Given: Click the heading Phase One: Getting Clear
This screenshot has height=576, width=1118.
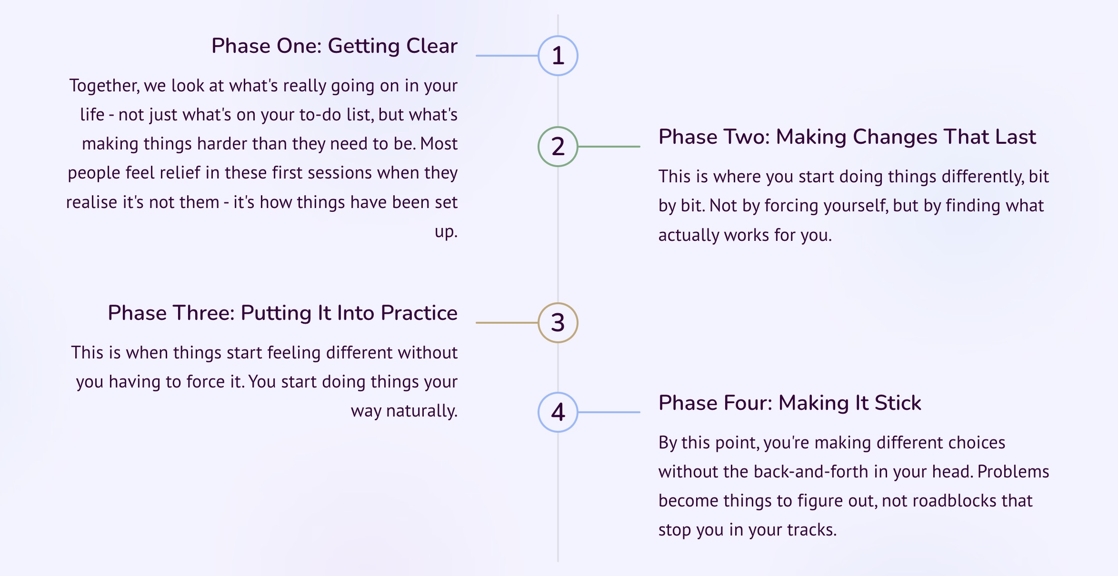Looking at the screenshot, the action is tap(334, 46).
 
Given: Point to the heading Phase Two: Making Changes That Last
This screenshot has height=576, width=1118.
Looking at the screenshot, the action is tap(847, 137).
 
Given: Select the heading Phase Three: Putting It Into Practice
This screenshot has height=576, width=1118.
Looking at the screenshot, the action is tap(282, 313).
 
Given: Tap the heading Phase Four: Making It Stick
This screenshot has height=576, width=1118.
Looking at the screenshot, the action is tap(789, 403).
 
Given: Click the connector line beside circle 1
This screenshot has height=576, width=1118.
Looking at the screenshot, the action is tap(507, 56).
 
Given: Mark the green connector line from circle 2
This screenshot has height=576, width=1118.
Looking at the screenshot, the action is tap(609, 147).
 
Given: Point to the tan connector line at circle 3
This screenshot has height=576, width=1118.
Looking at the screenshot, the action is tap(507, 323).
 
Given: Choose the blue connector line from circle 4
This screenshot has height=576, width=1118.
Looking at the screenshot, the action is tap(609, 412).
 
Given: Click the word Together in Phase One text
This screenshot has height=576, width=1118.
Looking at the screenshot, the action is tap(104, 86).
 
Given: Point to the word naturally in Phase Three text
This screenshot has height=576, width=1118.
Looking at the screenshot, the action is tap(421, 411).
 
